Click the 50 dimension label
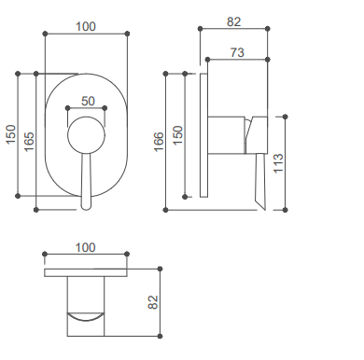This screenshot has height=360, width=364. pyautogui.click(x=88, y=101)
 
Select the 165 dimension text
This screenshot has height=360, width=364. pyautogui.click(x=29, y=142)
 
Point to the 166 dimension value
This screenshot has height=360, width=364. pyautogui.click(x=159, y=142)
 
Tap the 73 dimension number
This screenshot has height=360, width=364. pyautogui.click(x=237, y=52)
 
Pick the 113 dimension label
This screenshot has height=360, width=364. pyautogui.click(x=278, y=163)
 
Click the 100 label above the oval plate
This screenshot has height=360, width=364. pyautogui.click(x=86, y=27)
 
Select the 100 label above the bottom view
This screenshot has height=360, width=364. pyautogui.click(x=86, y=248)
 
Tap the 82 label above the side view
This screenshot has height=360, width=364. pyautogui.click(x=233, y=21)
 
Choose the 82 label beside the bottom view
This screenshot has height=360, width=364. pyautogui.click(x=153, y=302)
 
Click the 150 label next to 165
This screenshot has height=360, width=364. pyautogui.click(x=11, y=134)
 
